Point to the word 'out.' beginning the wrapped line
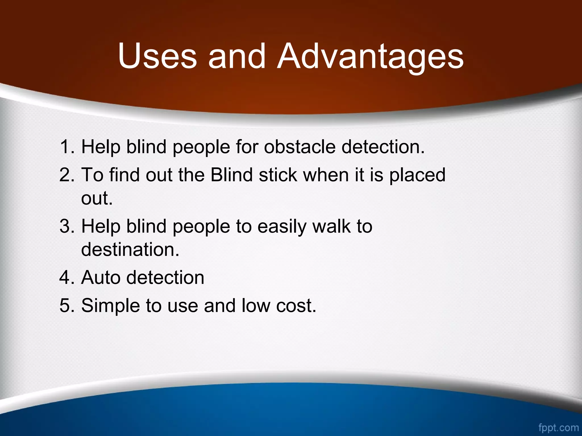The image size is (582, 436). point(97,198)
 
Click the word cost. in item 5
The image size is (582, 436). point(296,306)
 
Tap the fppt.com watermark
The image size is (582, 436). point(558,427)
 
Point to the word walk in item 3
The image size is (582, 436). point(331,226)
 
